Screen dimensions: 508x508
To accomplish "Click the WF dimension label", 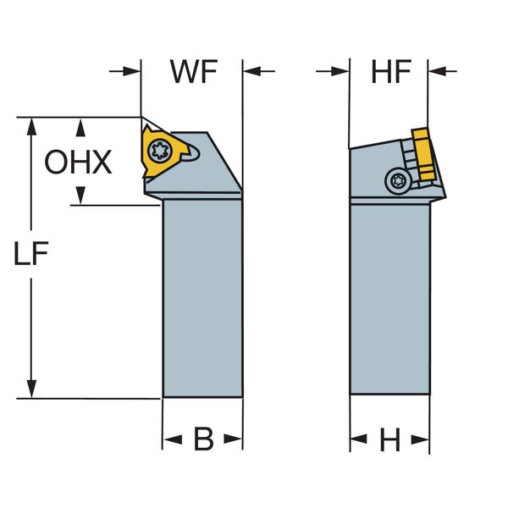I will pos(194,72).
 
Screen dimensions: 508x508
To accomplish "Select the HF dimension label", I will pos(390,72).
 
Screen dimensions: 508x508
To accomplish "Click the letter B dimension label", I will pos(203,439).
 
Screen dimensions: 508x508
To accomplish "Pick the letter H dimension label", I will pos(389,439).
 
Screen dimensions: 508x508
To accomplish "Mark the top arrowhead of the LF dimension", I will pos(32,125).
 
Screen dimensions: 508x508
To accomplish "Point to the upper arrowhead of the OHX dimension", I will pos(80,127).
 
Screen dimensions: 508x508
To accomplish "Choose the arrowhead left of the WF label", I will pos(131,71).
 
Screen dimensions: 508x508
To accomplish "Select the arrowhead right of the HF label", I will pos(439,71).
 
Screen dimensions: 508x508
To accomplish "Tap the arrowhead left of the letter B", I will pos(172,439).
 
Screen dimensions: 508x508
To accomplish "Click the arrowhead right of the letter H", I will pos(420,439).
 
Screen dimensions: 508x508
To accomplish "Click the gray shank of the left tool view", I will pos(203,296).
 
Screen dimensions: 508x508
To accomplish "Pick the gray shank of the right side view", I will pos(390,296).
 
